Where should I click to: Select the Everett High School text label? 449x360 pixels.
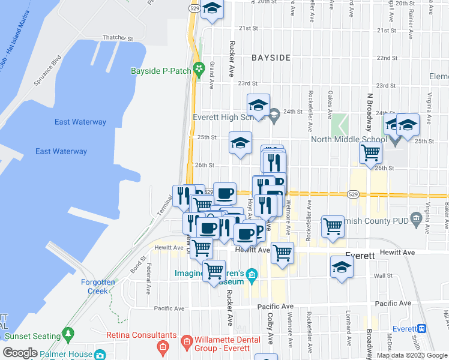click(x=228, y=118)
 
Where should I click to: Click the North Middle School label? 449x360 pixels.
click(x=349, y=140)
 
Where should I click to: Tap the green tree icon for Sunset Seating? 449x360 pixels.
click(x=68, y=332)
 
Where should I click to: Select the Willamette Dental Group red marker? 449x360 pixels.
click(x=187, y=343)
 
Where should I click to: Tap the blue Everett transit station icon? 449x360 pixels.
click(x=422, y=329)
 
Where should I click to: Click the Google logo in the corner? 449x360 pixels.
click(x=20, y=353)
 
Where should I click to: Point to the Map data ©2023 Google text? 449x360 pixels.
click(x=411, y=355)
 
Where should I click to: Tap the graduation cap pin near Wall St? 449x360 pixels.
click(x=341, y=266)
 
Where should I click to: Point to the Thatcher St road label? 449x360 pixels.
click(x=117, y=38)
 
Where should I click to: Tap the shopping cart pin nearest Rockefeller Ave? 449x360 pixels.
click(x=333, y=226)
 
